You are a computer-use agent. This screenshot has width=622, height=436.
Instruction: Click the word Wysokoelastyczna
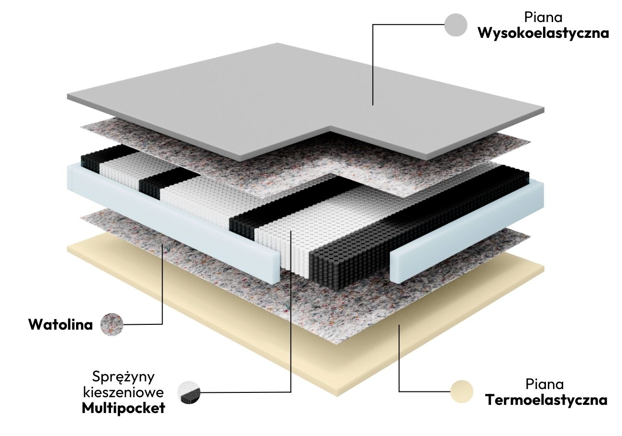[543, 34]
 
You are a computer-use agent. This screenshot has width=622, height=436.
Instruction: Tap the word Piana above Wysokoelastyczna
[543, 17]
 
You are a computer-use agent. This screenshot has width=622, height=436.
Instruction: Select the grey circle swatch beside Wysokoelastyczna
[455, 25]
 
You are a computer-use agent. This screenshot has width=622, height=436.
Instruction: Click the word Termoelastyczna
[546, 400]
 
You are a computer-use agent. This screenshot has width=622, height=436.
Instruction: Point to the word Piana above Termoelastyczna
[544, 384]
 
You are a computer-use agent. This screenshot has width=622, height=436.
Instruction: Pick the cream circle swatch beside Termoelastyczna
[462, 392]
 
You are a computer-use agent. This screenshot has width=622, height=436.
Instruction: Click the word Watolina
[60, 324]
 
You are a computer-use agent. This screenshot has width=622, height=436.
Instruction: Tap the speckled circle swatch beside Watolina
[112, 325]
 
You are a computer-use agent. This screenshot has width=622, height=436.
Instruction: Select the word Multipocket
[123, 408]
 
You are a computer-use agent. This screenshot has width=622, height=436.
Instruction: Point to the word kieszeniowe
[124, 392]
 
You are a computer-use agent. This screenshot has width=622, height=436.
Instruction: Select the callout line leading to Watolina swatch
[163, 287]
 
